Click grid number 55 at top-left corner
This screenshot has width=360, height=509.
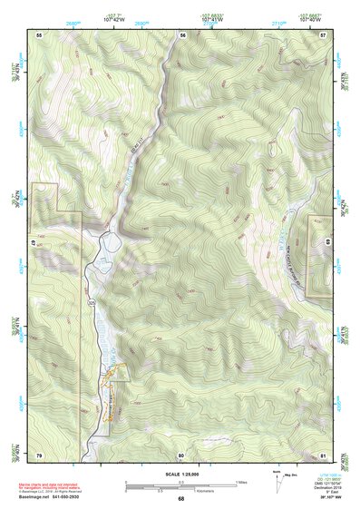[39, 34]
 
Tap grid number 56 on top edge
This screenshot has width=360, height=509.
[182, 34]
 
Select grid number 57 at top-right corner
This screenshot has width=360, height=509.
[323, 34]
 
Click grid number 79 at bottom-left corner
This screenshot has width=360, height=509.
[39, 454]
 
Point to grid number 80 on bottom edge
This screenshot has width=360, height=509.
[181, 454]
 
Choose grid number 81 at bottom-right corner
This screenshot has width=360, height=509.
[323, 454]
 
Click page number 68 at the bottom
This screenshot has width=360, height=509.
[180, 498]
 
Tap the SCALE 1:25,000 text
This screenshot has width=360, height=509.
[180, 474]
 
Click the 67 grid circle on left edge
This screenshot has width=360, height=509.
[36, 243]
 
